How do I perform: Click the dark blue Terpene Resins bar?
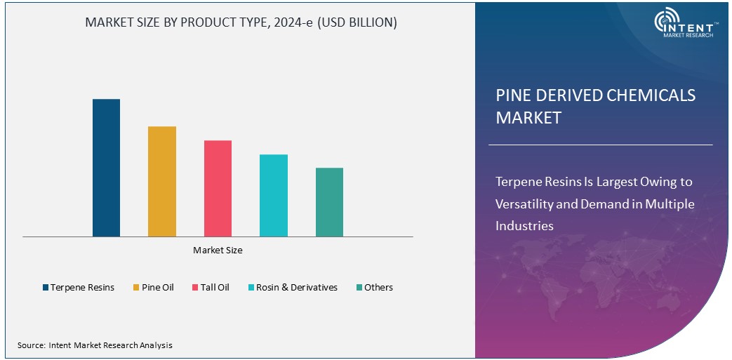[x=106, y=168]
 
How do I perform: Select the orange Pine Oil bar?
[x=162, y=181]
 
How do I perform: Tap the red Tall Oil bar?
[x=218, y=188]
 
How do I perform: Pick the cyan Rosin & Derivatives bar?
[x=274, y=195]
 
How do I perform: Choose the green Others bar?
[x=329, y=202]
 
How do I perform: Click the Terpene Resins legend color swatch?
[x=46, y=288]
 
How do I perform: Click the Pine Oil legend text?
[x=157, y=288]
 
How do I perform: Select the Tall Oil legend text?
[x=215, y=288]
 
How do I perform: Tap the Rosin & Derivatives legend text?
[x=296, y=288]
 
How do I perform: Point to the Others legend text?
[x=378, y=288]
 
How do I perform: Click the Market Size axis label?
[x=218, y=250]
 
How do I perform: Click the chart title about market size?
[x=241, y=22]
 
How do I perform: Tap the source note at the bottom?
[x=95, y=345]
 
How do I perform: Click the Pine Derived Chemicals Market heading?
[x=595, y=106]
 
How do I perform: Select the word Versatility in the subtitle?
[x=530, y=204]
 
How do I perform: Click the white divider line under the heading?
[x=600, y=145]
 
